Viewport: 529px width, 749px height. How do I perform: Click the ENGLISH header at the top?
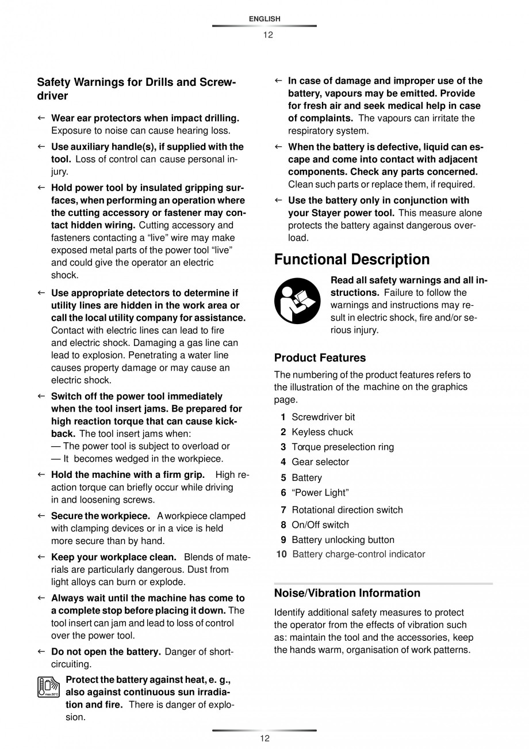pyautogui.click(x=264, y=19)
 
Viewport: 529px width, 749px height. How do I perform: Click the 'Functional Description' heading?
pyautogui.click(x=351, y=260)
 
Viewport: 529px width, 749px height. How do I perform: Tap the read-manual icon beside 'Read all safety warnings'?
pyautogui.click(x=297, y=301)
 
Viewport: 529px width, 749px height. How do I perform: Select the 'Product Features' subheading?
pyautogui.click(x=320, y=358)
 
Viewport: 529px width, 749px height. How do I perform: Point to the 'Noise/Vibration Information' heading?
pyautogui.click(x=347, y=593)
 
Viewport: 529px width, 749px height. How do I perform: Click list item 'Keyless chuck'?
pyautogui.click(x=322, y=432)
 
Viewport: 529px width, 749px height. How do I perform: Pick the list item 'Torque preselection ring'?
pyautogui.click(x=335, y=447)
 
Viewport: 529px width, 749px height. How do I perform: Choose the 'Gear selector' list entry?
pyautogui.click(x=320, y=462)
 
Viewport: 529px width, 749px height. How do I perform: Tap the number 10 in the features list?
pyautogui.click(x=281, y=554)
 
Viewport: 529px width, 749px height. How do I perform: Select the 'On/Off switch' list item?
pyautogui.click(x=320, y=524)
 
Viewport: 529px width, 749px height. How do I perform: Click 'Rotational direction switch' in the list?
pyautogui.click(x=347, y=510)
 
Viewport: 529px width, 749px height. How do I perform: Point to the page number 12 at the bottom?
pyautogui.click(x=264, y=739)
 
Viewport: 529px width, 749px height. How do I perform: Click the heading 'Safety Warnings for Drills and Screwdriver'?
pyautogui.click(x=136, y=89)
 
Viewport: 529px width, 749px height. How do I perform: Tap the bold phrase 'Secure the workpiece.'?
pyautogui.click(x=101, y=516)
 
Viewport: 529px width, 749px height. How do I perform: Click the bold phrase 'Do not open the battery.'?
pyautogui.click(x=106, y=652)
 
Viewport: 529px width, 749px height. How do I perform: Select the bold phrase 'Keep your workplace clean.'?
pyautogui.click(x=114, y=557)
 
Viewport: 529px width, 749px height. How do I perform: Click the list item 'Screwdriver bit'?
pyautogui.click(x=323, y=417)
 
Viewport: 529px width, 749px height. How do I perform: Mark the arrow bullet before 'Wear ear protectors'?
pyautogui.click(x=41, y=118)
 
